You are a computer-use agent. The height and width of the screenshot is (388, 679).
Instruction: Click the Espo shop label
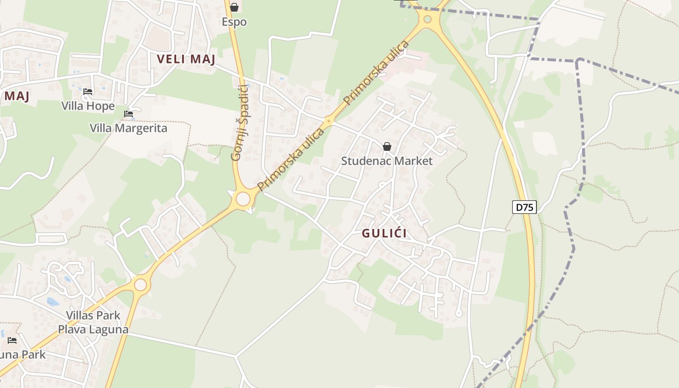coord(234,22)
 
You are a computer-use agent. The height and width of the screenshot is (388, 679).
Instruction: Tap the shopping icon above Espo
coord(234,7)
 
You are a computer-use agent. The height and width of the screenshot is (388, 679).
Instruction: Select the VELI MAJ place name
coord(186,59)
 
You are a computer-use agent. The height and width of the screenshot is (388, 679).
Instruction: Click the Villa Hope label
coord(88,106)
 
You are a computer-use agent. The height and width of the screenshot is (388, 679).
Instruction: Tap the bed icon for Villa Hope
coord(88,91)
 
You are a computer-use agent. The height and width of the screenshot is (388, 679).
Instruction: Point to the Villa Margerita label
coord(129,128)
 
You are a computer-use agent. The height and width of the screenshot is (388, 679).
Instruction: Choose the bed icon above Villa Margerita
coord(129,114)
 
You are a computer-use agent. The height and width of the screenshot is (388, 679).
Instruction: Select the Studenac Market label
coord(387,161)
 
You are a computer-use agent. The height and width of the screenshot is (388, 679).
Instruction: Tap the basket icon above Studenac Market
coord(387,146)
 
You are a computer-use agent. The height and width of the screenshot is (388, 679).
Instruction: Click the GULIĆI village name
coord(385,233)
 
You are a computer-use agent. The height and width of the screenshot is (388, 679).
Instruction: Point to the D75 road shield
coord(524,207)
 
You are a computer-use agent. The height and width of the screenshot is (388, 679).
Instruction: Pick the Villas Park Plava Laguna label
coord(93,322)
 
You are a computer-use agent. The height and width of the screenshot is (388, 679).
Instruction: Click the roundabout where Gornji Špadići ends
coord(243,199)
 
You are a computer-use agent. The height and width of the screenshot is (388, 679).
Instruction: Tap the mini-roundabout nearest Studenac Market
coord(329,121)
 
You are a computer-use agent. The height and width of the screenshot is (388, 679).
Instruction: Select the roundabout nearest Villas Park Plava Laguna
coord(140,284)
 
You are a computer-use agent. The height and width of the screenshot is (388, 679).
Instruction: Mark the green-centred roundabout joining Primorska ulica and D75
coord(427,19)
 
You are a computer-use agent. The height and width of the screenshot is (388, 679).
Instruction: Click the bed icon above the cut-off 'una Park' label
coord(12,340)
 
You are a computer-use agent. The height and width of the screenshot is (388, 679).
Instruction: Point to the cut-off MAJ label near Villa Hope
coord(16,96)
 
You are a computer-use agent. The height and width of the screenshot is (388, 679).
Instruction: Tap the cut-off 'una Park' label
coord(22,355)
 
